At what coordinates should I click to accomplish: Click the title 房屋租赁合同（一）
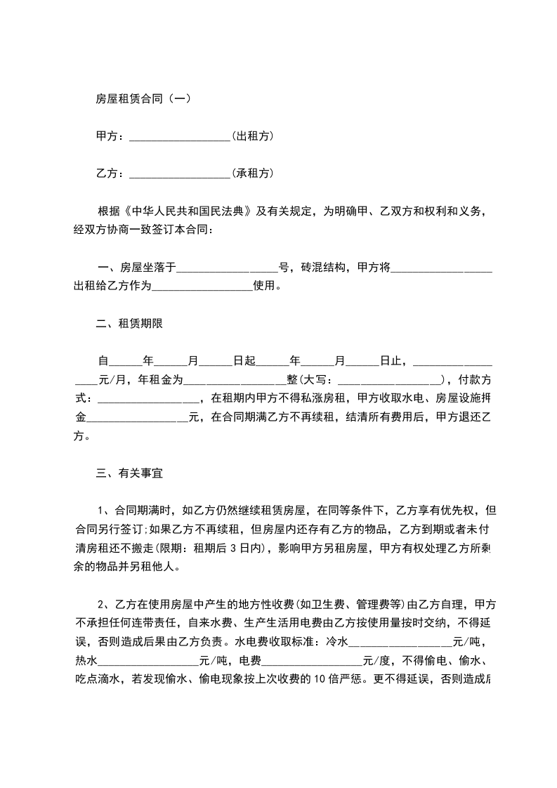click(x=143, y=99)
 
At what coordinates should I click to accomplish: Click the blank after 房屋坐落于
click(x=228, y=267)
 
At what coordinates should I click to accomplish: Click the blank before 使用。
click(x=202, y=286)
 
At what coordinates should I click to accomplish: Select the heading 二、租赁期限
click(x=130, y=323)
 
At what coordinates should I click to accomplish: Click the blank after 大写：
click(x=391, y=380)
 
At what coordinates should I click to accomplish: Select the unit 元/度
click(x=379, y=661)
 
